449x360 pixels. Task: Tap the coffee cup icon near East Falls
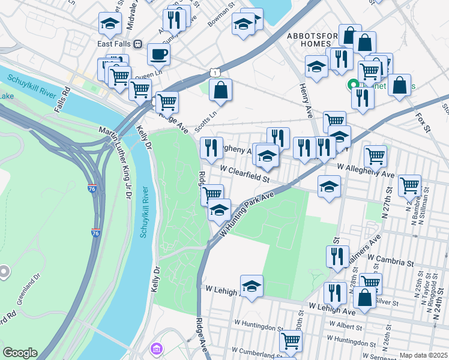point(158,54)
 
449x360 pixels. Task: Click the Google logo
point(20,353)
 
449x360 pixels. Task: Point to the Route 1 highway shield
point(214,73)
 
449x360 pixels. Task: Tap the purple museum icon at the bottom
point(157,349)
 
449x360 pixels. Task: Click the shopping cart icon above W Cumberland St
point(291,341)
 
